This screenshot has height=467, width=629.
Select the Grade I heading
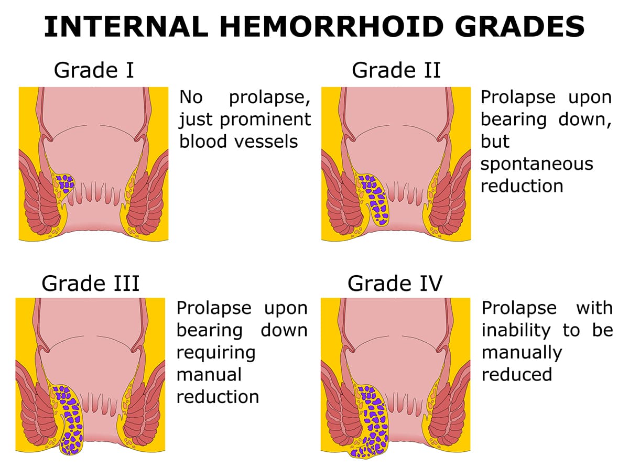94,70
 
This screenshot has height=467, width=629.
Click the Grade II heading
396,70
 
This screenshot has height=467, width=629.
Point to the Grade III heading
90,284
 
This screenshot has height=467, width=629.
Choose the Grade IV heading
395,284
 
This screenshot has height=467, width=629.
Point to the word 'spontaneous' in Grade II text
537,164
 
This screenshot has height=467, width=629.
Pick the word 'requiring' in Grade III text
216,352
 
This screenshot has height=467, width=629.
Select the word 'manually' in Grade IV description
522,352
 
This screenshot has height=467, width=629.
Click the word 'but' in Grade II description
495,142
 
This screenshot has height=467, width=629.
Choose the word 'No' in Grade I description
191,97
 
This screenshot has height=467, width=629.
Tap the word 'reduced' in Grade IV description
517,374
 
